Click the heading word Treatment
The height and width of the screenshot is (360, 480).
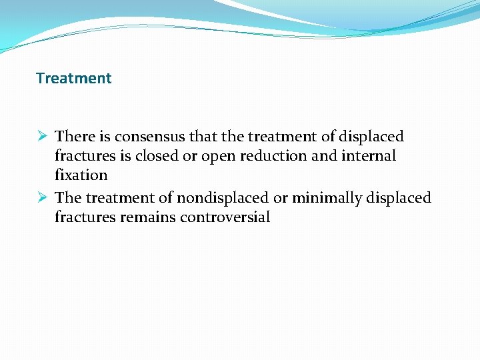click(74, 78)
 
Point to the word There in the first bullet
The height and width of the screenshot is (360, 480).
click(75, 137)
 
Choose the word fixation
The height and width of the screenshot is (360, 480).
click(81, 175)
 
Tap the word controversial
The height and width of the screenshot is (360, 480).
click(225, 217)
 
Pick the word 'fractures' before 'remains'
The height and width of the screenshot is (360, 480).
click(87, 217)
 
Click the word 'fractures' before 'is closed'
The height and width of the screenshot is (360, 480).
click(87, 156)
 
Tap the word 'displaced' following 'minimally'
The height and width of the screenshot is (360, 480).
click(397, 198)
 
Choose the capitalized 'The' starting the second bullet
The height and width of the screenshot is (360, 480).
click(68, 198)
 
